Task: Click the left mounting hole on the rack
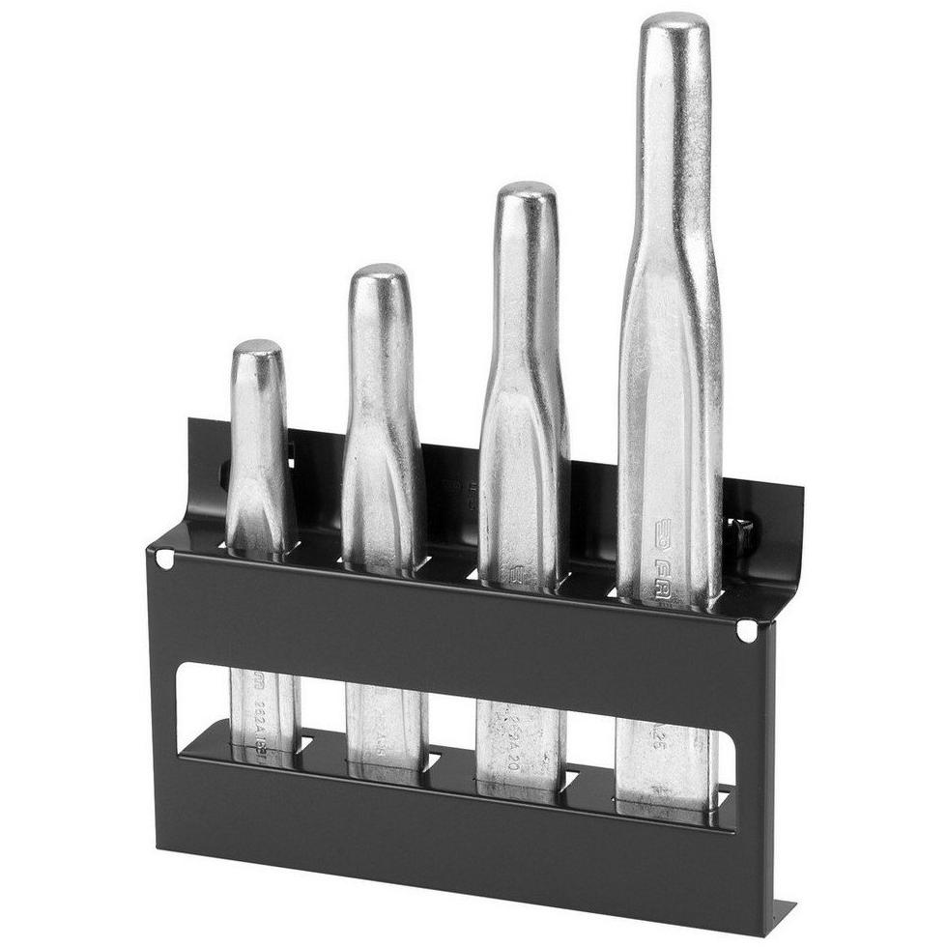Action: tap(164, 558)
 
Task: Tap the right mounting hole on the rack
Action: tap(745, 631)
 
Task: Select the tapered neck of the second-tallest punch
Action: tap(525, 387)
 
